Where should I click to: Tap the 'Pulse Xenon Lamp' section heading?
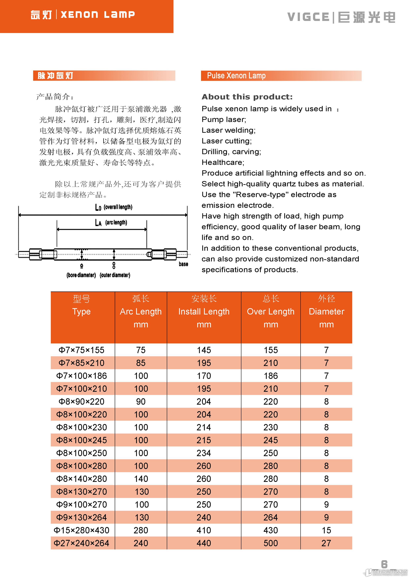tap(236, 76)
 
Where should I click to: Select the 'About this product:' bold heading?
tap(247, 97)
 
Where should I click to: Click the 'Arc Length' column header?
tap(141, 312)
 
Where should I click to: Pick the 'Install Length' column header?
tap(204, 312)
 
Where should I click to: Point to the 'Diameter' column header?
tap(326, 312)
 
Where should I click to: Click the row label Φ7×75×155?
tap(81, 350)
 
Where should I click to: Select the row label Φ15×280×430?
tap(81, 530)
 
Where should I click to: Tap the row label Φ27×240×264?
tap(81, 543)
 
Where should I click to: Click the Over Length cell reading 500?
tap(271, 543)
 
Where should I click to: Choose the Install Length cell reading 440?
tap(204, 543)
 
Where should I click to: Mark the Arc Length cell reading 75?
tap(141, 350)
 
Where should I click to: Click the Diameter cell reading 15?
tap(326, 530)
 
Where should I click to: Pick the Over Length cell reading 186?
tap(271, 376)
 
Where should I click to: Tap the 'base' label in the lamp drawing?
tap(183, 264)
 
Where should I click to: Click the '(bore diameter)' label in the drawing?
tap(81, 275)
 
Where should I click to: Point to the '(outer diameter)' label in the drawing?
tap(115, 275)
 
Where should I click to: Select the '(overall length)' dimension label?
tap(118, 207)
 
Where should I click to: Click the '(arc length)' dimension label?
tap(116, 223)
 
